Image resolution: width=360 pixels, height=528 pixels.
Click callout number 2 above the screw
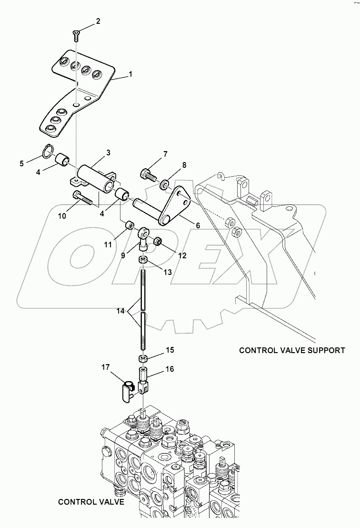[x=98, y=21]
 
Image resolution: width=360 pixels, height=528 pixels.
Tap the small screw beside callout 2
[x=76, y=34]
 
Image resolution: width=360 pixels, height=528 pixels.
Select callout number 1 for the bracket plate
[x=130, y=75]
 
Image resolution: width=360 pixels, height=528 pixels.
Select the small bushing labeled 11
[x=129, y=224]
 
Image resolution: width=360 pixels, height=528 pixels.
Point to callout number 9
[x=123, y=255]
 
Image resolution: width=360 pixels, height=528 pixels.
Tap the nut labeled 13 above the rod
[x=142, y=260]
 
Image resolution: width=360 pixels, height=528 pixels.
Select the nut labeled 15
[x=142, y=358]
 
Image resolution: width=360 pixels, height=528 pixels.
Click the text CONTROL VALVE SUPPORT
[x=291, y=350]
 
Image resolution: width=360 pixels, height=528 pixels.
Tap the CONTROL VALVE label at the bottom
[x=91, y=502]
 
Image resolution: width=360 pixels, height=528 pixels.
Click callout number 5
[x=21, y=163]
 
